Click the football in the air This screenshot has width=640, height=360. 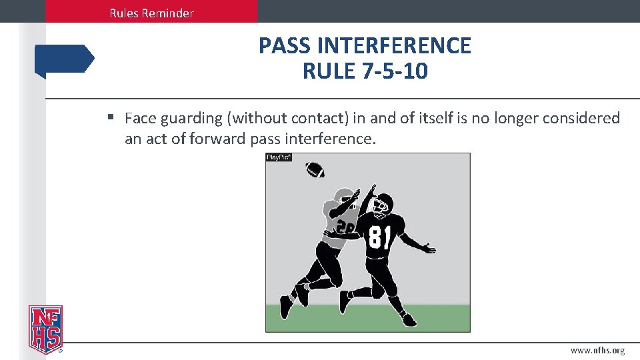point(315,169)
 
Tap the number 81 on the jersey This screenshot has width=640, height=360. point(379,237)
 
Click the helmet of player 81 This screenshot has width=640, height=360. point(381,203)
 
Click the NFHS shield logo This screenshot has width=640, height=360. point(45,329)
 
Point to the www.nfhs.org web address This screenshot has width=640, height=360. point(597,351)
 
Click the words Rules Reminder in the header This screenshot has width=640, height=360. point(152,13)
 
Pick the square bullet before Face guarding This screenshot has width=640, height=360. point(111,118)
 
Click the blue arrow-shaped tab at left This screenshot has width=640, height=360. point(65,59)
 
